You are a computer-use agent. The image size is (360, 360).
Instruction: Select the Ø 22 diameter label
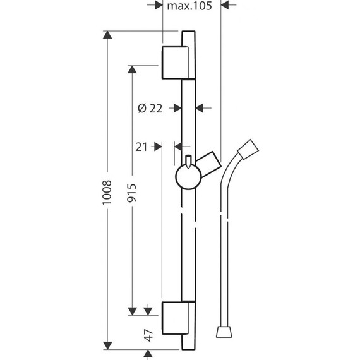click(150, 108)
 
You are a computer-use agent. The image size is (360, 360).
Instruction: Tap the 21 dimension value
click(141, 147)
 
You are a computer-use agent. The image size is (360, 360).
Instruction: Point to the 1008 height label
click(107, 192)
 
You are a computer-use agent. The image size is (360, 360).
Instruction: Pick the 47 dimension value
click(148, 335)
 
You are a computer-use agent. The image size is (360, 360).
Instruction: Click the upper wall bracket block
click(175, 62)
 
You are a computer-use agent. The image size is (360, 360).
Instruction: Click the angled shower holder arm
click(208, 161)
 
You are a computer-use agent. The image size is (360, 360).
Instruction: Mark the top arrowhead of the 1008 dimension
click(108, 36)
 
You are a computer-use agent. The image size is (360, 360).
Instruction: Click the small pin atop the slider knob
click(188, 159)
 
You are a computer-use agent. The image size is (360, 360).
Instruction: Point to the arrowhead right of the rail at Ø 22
click(201, 108)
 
